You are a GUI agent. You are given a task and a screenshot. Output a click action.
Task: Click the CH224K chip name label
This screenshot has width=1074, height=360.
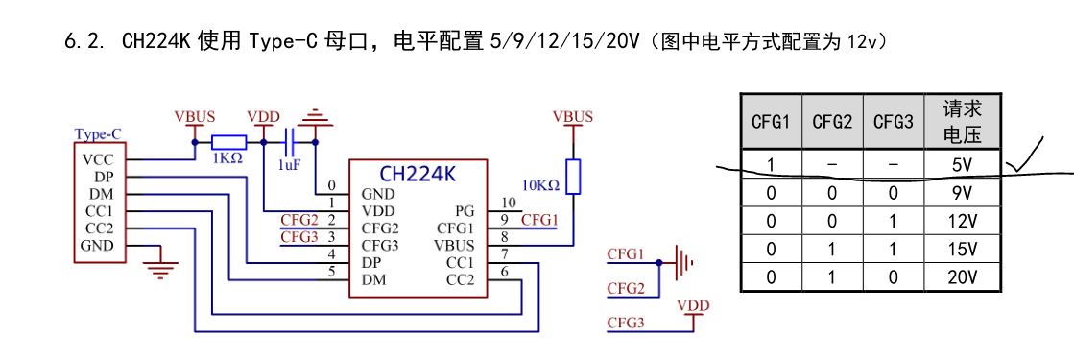[x=418, y=174]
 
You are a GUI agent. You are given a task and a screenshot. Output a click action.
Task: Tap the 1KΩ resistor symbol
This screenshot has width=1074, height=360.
[x=228, y=143]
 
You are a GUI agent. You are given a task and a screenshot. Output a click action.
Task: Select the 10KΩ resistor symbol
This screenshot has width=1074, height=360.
[x=573, y=177]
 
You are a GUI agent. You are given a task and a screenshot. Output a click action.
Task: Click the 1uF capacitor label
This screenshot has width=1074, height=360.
[x=289, y=164]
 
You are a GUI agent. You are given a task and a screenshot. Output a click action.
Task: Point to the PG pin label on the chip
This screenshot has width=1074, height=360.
[x=464, y=210]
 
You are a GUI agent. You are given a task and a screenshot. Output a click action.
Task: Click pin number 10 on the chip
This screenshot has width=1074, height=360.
[x=508, y=203]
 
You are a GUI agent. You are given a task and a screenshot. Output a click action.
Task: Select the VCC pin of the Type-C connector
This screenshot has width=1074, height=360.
[x=98, y=159]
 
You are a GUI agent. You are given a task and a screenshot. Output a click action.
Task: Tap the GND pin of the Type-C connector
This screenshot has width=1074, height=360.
[x=98, y=246]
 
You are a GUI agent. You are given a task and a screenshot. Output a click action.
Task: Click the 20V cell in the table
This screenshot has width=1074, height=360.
[x=963, y=277]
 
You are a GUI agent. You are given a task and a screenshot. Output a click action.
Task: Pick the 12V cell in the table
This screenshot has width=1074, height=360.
[x=963, y=221]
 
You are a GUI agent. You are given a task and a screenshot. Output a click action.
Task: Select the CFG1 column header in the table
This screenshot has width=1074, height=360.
[x=771, y=122]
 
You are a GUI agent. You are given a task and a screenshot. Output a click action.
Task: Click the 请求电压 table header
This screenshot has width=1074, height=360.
[x=963, y=121]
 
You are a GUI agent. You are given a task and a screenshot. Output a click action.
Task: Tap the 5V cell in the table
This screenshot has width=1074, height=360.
[x=963, y=165]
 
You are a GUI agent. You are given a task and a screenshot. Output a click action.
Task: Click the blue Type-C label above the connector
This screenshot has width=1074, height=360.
[x=98, y=134]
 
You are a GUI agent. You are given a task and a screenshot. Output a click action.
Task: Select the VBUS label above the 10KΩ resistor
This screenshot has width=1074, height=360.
[x=573, y=117]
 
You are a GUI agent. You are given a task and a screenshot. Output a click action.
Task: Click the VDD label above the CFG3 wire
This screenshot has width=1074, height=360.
[x=693, y=305]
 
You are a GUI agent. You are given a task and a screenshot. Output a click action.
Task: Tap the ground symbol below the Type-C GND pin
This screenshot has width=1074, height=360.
[x=161, y=265]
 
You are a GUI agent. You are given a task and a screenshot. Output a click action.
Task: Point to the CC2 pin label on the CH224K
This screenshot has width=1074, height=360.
[x=460, y=279]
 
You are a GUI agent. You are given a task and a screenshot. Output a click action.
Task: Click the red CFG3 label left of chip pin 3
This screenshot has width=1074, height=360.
[x=298, y=237]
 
